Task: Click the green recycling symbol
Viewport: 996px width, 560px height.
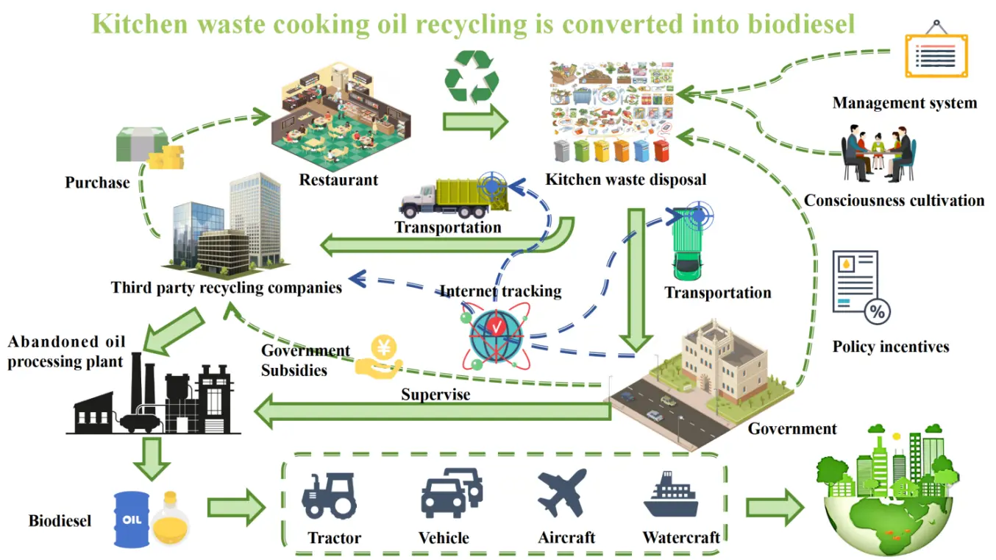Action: click(472, 77)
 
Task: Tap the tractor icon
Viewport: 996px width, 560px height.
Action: click(329, 495)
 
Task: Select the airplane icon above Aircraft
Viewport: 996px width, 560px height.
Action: click(562, 492)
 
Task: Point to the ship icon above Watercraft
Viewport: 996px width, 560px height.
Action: click(670, 495)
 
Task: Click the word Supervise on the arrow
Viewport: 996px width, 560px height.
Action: click(435, 394)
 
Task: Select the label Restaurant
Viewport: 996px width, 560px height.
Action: click(338, 179)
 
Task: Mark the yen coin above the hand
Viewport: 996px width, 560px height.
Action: click(383, 346)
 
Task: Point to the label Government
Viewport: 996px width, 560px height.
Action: click(792, 428)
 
